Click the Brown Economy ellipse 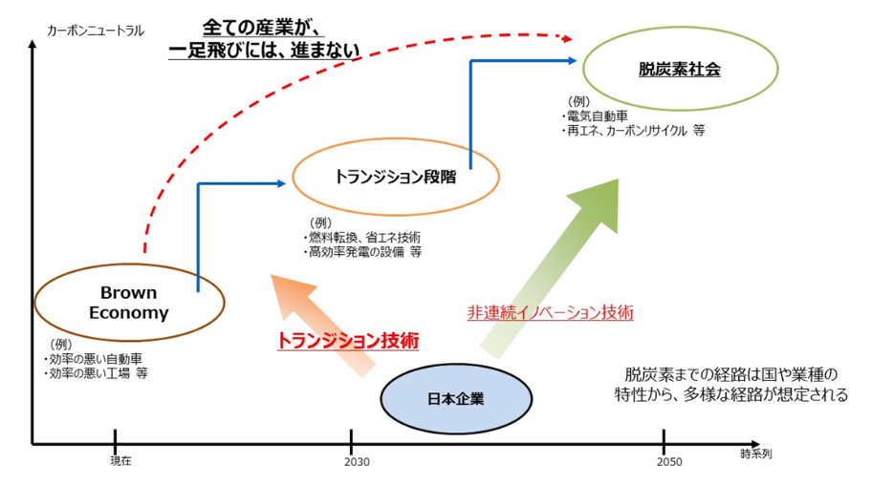click(x=129, y=303)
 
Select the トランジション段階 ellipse click(x=395, y=177)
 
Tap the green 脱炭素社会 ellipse click(x=679, y=69)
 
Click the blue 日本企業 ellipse click(x=456, y=397)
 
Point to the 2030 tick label click(x=352, y=461)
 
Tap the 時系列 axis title click(x=754, y=454)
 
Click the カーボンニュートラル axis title click(x=96, y=31)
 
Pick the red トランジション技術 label click(x=348, y=340)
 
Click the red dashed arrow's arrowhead click(x=567, y=38)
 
